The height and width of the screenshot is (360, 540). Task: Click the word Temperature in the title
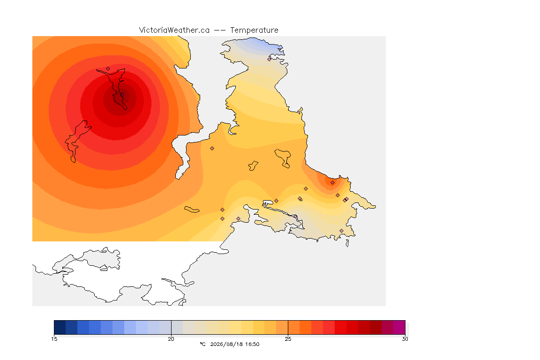254,30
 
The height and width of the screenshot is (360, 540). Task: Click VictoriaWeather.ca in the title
174,30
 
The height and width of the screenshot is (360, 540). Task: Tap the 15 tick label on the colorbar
54,339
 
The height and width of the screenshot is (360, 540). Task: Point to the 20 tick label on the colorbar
171,339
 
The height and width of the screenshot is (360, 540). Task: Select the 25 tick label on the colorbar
288,339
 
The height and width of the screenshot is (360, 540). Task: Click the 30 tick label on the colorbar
405,339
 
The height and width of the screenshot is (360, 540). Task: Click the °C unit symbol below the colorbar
202,344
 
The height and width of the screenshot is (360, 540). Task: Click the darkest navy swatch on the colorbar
60,327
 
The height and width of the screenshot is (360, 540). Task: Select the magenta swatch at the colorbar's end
399,327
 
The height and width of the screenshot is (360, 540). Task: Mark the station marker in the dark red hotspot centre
121,95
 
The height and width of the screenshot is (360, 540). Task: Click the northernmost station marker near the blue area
270,59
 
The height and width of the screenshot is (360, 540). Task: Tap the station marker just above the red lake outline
108,68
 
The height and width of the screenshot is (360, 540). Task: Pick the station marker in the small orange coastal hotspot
332,183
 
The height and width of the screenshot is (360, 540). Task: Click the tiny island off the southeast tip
347,243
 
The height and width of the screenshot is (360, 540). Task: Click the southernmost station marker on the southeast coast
341,231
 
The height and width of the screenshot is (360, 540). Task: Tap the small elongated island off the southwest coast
192,210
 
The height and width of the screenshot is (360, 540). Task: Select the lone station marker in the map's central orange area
212,149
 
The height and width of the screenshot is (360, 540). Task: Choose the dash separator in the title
220,30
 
